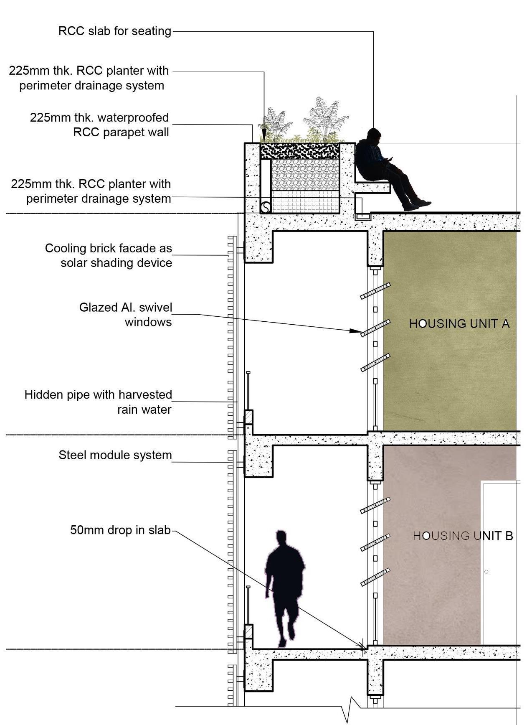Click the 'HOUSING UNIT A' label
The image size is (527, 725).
(x=459, y=324)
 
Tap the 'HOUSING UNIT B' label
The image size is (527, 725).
(x=463, y=536)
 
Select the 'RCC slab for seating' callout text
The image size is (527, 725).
(x=115, y=31)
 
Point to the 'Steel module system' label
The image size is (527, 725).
(x=115, y=455)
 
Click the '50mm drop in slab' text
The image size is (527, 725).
(x=120, y=530)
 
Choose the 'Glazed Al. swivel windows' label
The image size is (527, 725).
(x=126, y=315)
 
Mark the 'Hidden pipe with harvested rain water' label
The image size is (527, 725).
(x=98, y=402)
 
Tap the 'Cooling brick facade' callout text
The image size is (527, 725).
(x=109, y=255)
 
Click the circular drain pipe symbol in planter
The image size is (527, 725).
(x=266, y=207)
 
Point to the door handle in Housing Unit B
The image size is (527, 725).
(x=486, y=572)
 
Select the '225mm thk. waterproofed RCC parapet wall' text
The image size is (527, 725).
(x=100, y=125)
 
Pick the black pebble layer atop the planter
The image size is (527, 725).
(x=299, y=151)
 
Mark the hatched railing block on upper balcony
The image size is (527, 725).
(x=248, y=417)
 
